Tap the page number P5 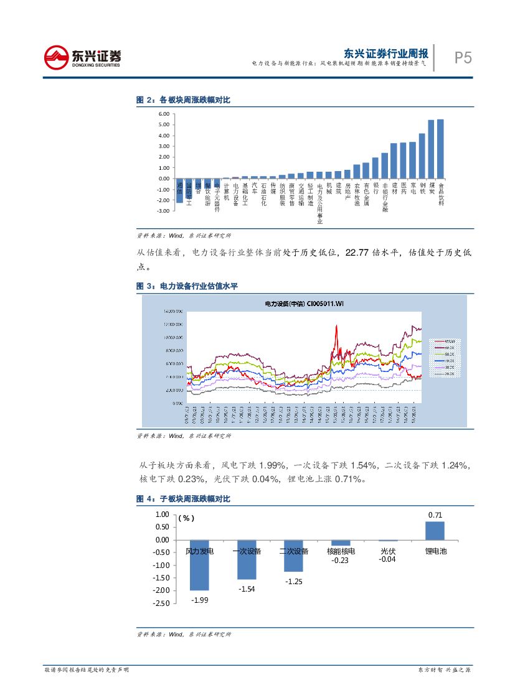(x=463, y=58)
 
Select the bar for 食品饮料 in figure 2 (x=440, y=149)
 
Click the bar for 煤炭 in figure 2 (x=431, y=149)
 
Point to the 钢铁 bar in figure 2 (x=422, y=156)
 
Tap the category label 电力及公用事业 (x=319, y=203)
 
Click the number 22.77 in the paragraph (x=356, y=253)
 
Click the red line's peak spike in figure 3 (x=336, y=326)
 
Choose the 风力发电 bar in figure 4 (x=199, y=565)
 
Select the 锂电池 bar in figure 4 (x=435, y=531)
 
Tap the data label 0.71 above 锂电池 (x=435, y=514)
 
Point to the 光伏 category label (x=388, y=551)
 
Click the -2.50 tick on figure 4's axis (x=161, y=603)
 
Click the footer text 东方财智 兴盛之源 (x=443, y=669)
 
